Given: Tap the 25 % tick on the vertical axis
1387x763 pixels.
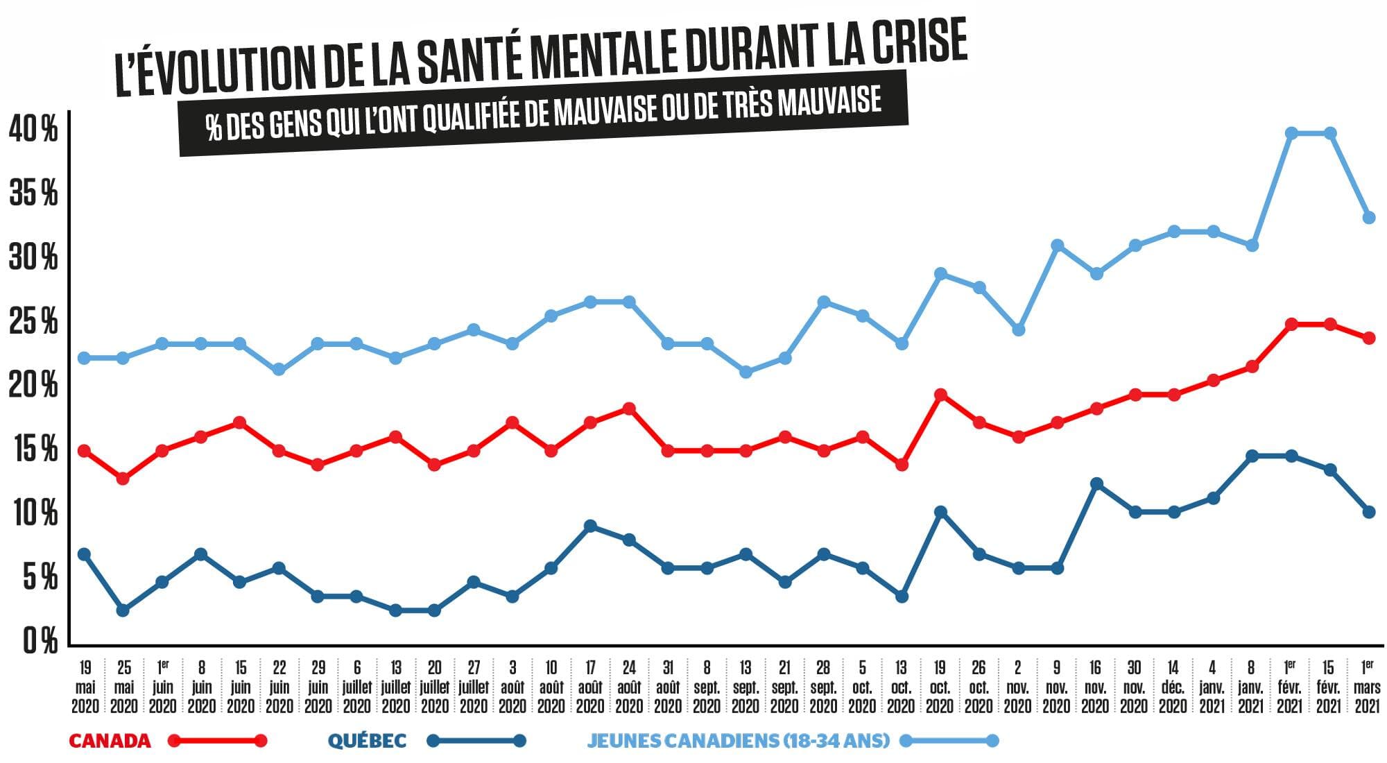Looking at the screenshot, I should point(33,322).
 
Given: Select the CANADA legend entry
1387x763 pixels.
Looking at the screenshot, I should point(110,741).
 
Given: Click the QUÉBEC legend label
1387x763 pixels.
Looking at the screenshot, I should point(367,741).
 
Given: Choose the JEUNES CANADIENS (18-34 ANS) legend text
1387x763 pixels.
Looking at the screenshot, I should point(738,741).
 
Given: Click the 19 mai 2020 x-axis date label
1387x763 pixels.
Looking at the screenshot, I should point(85,687).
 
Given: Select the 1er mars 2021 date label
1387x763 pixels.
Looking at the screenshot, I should point(1368,687).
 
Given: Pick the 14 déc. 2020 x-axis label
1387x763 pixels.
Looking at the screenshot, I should point(1173,687).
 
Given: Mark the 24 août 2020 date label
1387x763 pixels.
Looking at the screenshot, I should point(629,687).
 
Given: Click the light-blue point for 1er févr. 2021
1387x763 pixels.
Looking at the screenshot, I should point(1291,133).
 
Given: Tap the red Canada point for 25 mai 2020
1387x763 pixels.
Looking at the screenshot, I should point(123,479).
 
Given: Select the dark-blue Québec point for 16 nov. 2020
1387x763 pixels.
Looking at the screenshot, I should point(1096,483).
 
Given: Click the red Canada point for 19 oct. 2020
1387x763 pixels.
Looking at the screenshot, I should point(941,395).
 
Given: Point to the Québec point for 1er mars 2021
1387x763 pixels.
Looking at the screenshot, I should point(1369,512).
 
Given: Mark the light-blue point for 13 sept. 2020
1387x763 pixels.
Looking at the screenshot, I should point(746,372).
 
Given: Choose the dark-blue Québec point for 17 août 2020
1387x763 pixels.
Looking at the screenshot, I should point(590,526).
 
